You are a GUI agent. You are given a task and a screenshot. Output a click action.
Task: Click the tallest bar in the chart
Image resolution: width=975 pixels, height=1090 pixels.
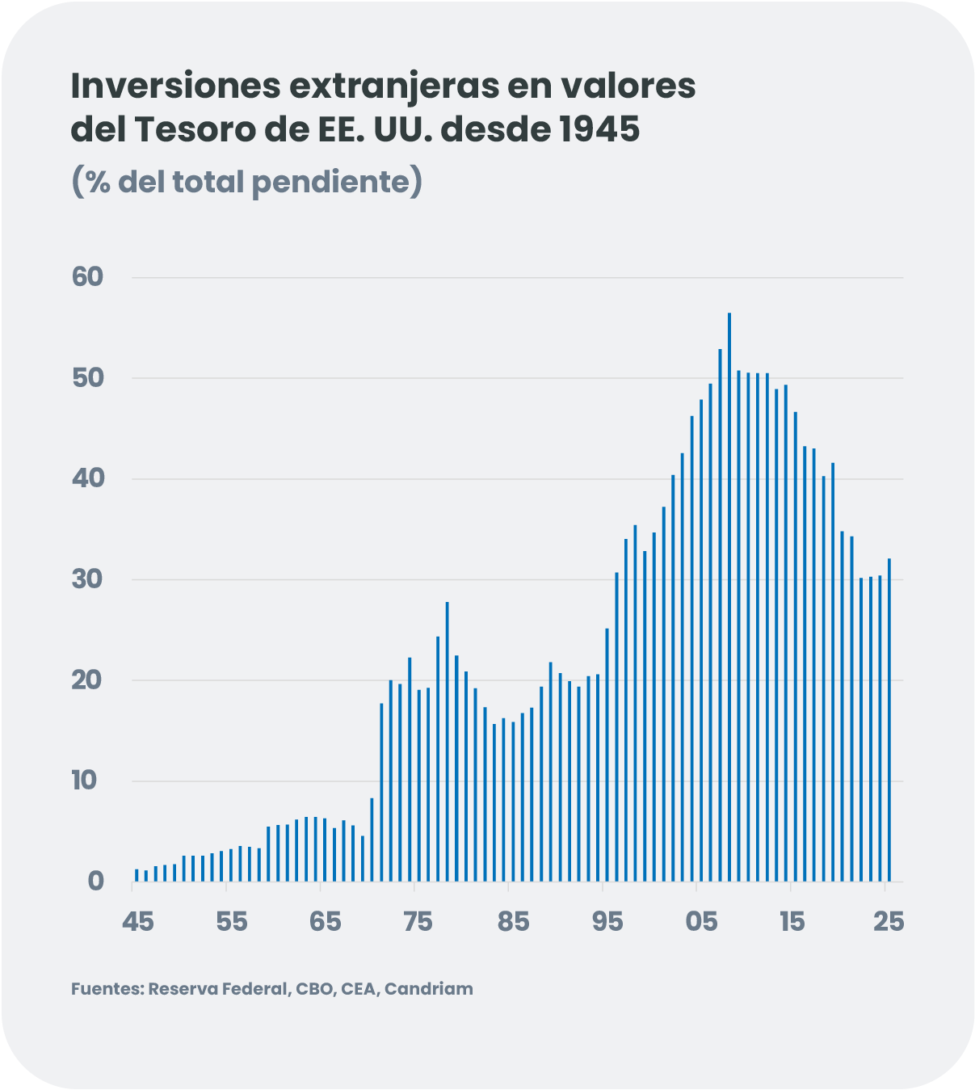[729, 598]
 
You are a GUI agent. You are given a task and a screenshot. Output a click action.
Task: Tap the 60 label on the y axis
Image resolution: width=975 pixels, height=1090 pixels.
[88, 277]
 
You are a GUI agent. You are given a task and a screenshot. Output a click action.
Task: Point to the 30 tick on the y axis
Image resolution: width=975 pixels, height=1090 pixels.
[88, 579]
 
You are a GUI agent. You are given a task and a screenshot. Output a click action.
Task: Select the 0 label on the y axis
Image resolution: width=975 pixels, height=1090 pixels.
[96, 882]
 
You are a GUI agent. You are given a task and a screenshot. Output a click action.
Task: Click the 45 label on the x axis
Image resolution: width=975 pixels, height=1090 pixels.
[138, 921]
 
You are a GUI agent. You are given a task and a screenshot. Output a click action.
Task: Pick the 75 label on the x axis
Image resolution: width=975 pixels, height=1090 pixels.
[418, 921]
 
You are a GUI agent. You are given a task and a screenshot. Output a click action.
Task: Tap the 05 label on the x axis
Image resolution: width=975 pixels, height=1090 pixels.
[701, 921]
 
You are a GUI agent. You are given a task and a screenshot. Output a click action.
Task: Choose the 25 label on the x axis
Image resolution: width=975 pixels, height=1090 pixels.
[889, 921]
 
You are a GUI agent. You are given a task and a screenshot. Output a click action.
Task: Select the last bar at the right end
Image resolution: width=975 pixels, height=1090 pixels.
[889, 719]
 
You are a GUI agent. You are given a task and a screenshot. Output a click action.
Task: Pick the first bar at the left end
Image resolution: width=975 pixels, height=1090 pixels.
[137, 875]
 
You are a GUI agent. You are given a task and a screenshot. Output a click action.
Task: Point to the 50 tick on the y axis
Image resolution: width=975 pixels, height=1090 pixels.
[88, 378]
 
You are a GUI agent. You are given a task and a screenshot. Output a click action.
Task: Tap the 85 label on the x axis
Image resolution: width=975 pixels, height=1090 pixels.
[513, 921]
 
